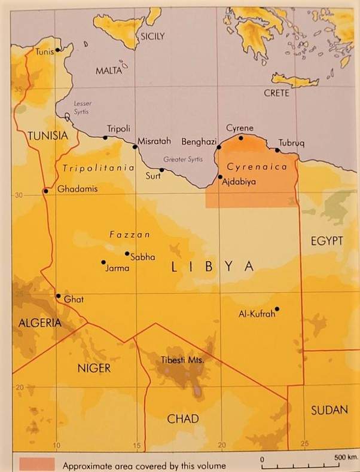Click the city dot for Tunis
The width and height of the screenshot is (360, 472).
coord(57,50)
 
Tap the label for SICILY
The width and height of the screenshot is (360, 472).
coord(152,36)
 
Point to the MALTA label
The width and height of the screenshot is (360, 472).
coord(108,71)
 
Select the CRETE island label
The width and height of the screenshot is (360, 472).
coord(276,93)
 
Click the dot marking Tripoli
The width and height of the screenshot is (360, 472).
coord(105,137)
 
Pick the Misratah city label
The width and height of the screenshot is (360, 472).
coord(154,142)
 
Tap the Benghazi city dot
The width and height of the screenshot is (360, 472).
coord(219,147)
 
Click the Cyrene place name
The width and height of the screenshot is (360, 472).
coord(239,128)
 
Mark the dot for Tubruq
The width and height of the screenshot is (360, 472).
coord(277,150)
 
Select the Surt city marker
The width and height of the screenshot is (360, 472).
coord(161,170)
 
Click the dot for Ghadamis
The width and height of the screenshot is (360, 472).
coord(45,191)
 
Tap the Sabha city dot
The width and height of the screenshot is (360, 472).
coord(127,253)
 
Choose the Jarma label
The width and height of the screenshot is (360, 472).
coord(117,268)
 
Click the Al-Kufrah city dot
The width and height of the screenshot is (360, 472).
coord(277,308)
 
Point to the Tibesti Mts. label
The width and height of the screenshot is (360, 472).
coord(183,360)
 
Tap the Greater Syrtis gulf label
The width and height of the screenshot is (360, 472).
coord(184,160)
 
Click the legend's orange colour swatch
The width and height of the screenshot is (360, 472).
coord(36,464)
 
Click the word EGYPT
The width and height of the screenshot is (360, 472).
coord(326,241)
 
